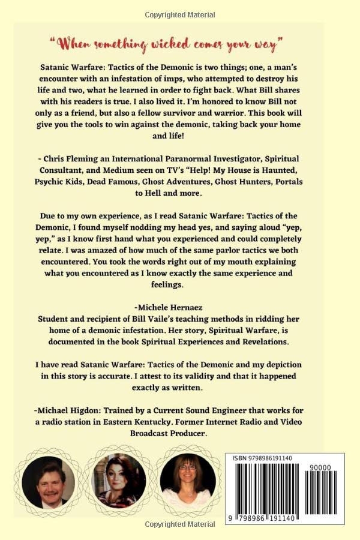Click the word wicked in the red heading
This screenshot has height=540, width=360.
(x=154, y=43)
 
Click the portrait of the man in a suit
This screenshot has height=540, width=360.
(x=48, y=482)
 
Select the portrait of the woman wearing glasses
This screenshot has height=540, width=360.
(x=187, y=482)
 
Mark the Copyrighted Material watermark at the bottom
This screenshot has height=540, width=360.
(x=179, y=524)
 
